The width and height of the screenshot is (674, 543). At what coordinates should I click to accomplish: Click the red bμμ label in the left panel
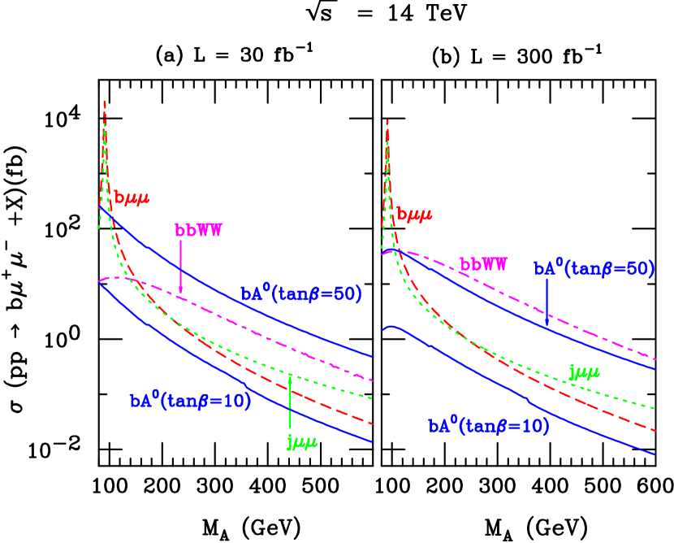pyautogui.click(x=132, y=197)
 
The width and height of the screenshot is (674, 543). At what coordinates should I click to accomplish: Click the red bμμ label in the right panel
pyautogui.click(x=414, y=215)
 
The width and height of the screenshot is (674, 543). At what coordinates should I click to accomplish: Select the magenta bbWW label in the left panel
pyautogui.click(x=198, y=230)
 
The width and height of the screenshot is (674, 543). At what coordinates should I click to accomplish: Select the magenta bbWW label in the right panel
pyautogui.click(x=484, y=265)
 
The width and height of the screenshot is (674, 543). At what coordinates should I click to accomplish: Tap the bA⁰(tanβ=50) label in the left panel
pyautogui.click(x=301, y=293)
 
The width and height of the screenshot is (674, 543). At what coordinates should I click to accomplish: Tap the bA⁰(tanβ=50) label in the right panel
pyautogui.click(x=594, y=269)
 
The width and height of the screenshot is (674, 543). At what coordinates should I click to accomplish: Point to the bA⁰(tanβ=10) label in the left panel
pyautogui.click(x=190, y=401)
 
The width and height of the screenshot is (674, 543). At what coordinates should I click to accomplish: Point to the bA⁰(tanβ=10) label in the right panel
pyautogui.click(x=489, y=426)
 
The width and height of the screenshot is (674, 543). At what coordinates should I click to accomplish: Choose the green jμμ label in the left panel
pyautogui.click(x=301, y=441)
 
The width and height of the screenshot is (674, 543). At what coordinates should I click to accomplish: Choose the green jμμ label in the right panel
pyautogui.click(x=585, y=372)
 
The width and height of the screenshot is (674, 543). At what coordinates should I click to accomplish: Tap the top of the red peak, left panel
pyautogui.click(x=105, y=101)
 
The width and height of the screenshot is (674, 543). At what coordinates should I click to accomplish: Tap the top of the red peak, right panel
pyautogui.click(x=387, y=120)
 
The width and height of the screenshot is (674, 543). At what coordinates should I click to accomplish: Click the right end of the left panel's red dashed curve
pyautogui.click(x=372, y=424)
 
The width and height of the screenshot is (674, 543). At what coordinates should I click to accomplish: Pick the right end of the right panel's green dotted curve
pyautogui.click(x=655, y=406)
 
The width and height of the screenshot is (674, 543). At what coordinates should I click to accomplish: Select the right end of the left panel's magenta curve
pyautogui.click(x=372, y=380)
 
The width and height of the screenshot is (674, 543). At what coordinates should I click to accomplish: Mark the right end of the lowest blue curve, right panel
pyautogui.click(x=655, y=454)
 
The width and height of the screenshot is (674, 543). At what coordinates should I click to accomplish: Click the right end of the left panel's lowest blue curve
pyautogui.click(x=372, y=442)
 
